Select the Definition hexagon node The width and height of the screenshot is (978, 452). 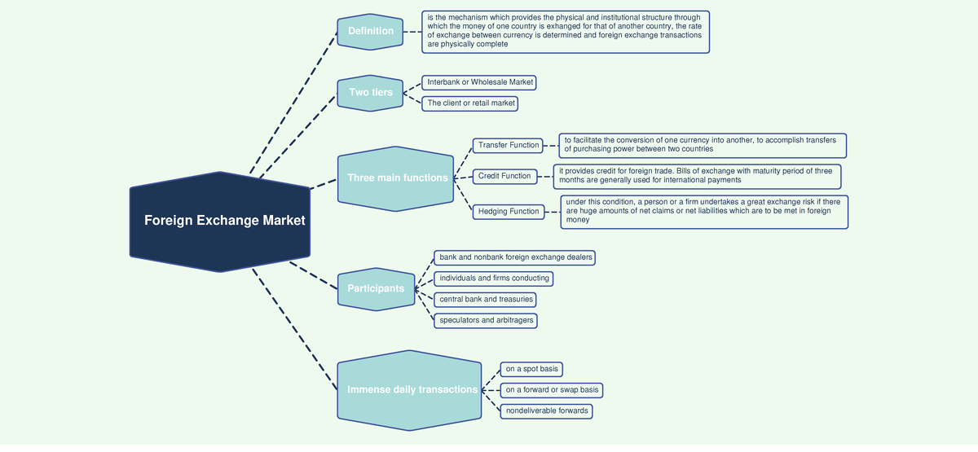[371, 31]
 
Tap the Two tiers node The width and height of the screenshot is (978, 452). [371, 92]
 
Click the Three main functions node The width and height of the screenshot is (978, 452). [397, 178]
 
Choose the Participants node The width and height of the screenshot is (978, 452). [376, 288]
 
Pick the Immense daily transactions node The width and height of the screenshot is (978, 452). [412, 389]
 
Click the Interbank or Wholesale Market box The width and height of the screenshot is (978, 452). [480, 82]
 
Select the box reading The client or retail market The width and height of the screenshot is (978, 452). [471, 103]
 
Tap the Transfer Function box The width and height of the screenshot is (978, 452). [509, 145]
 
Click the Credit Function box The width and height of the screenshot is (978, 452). [504, 176]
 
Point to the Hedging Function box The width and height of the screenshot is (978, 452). [509, 212]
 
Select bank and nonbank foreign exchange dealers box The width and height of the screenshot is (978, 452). [515, 257]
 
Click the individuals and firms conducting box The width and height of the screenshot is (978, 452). [494, 279]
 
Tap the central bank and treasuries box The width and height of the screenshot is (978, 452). [486, 299]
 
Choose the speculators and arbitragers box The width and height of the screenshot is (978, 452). [487, 320]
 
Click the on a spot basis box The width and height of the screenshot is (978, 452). [531, 369]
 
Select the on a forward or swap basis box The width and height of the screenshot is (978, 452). [552, 390]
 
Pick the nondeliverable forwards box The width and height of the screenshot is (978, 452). [546, 411]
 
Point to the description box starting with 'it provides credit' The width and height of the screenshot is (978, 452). [697, 176]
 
